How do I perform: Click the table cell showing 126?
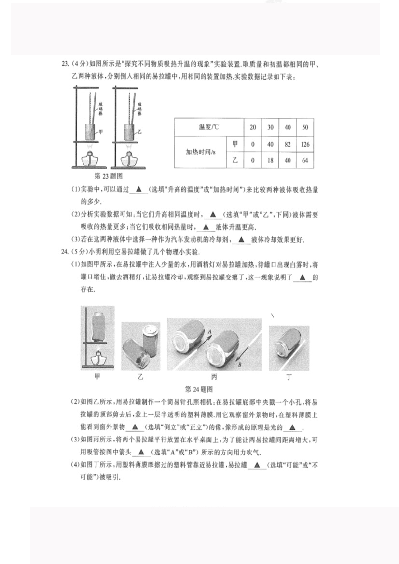(x=304, y=144)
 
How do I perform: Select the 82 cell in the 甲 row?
(x=288, y=144)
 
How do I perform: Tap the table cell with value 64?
(x=304, y=160)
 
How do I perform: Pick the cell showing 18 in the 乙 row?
(x=270, y=160)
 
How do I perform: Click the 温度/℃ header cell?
(x=208, y=127)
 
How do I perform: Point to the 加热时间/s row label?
(x=200, y=152)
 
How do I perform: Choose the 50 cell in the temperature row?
(x=304, y=127)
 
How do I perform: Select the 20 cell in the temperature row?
(x=253, y=127)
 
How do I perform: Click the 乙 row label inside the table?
(x=235, y=160)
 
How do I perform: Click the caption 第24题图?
(x=199, y=389)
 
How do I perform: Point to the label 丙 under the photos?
(x=214, y=378)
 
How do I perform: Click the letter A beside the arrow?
(x=210, y=331)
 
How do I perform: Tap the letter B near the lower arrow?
(x=239, y=365)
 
